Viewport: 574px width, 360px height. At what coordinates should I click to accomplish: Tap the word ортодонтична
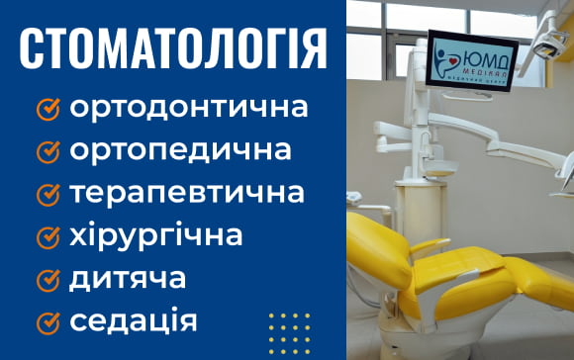(x=188, y=107)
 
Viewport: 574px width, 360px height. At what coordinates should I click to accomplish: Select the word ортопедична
(x=180, y=150)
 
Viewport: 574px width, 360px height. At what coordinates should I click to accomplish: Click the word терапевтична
(x=186, y=193)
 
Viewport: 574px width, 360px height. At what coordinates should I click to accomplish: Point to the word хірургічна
(x=155, y=235)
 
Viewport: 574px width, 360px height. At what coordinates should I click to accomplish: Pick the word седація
(x=134, y=320)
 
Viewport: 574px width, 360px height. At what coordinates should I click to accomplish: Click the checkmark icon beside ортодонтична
(x=48, y=108)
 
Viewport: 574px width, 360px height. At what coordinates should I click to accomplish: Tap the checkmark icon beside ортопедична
(x=48, y=151)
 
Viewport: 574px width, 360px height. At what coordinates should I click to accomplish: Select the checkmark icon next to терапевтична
(x=48, y=194)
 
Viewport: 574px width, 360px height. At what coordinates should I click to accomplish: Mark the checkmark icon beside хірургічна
(x=48, y=236)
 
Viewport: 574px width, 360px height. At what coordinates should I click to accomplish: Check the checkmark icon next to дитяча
(x=48, y=279)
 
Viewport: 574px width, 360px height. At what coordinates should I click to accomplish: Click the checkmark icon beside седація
(x=48, y=321)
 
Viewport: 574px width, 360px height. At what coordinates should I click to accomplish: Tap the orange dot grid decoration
(x=289, y=330)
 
